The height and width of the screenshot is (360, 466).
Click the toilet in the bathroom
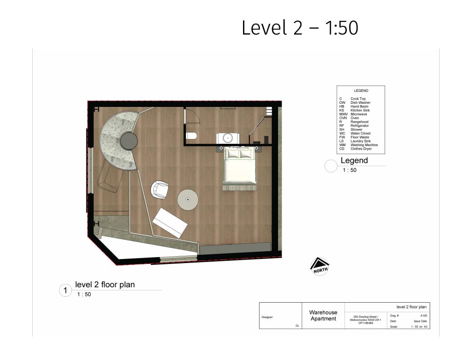[x=192, y=136]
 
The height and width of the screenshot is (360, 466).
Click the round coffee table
[x=188, y=199]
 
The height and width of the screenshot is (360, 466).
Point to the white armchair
[x=159, y=190]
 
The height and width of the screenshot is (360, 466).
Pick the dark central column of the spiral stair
[x=129, y=141]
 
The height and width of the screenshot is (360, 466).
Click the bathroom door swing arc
[x=195, y=117]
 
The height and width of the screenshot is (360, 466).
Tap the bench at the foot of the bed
[x=239, y=188]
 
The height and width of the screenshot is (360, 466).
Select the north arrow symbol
[x=319, y=266]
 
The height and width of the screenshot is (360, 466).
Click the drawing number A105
[x=424, y=316]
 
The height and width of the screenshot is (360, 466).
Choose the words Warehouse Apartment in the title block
[x=323, y=315]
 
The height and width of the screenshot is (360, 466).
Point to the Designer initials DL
[x=297, y=325]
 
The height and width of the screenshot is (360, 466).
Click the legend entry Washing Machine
[x=364, y=145]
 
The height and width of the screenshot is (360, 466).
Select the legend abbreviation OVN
[x=343, y=118]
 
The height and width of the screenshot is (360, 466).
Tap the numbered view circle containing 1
[x=66, y=290]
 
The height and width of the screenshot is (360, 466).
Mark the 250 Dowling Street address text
[x=365, y=320]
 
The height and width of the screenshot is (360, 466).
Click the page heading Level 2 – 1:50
[x=300, y=28]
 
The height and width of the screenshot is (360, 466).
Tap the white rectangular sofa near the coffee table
[x=170, y=223]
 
